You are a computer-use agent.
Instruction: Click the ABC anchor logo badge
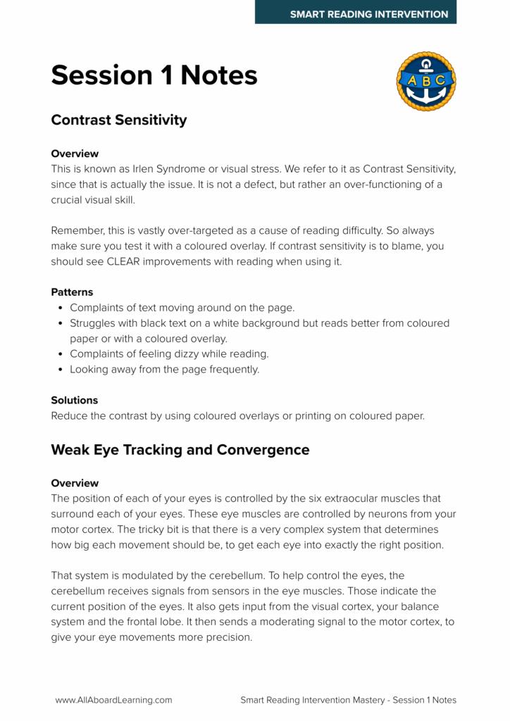pos(426,81)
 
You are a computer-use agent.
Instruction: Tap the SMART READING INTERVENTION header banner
pos(356,13)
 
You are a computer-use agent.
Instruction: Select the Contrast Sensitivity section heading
pos(119,120)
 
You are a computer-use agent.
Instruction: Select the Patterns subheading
pos(72,291)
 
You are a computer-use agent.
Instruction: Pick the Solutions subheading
pos(75,400)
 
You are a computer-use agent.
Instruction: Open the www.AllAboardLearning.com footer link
pos(114,700)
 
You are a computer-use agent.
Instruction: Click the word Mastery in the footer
pos(363,700)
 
